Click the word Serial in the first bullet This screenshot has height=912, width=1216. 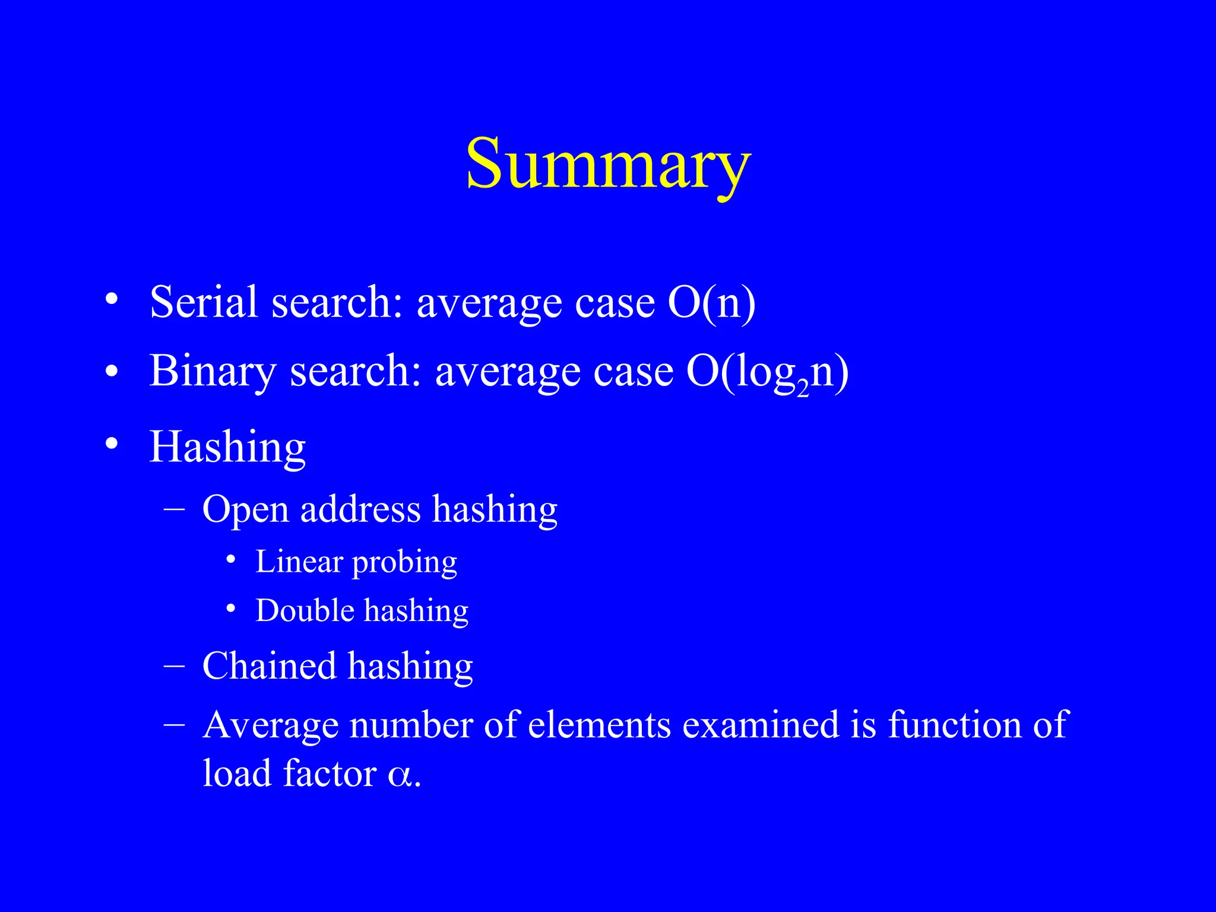click(x=204, y=302)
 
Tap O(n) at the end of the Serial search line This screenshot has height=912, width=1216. click(x=711, y=303)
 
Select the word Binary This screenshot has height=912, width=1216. click(x=213, y=371)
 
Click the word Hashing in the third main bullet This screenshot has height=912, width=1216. click(x=227, y=446)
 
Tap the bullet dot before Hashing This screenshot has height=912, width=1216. click(x=111, y=444)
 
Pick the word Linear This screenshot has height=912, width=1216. click(x=299, y=562)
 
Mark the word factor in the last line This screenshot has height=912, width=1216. click(x=330, y=773)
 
